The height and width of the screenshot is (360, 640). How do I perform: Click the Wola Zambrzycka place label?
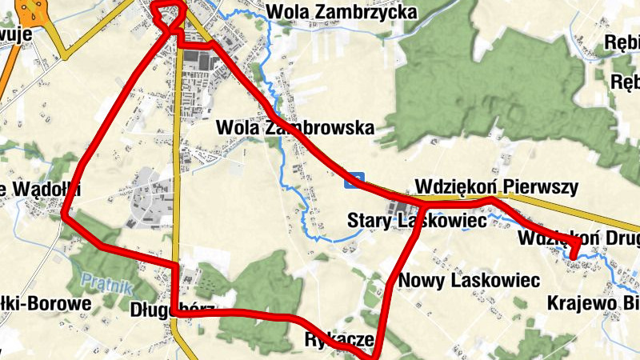point(342,12)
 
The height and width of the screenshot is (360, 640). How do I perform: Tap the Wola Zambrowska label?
point(295,127)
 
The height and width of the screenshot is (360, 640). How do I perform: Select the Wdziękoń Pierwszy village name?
point(497,187)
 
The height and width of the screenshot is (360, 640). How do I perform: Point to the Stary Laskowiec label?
point(416,220)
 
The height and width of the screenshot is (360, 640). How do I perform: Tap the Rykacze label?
point(339,338)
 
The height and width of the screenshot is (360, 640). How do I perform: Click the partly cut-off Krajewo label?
point(592,303)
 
